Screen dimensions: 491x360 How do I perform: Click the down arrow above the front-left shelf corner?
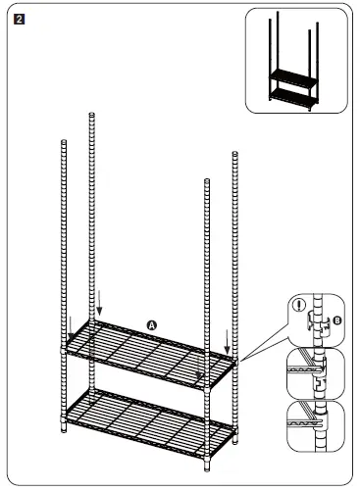tap(71, 325)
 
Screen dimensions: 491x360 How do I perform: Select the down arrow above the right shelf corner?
tap(228, 342)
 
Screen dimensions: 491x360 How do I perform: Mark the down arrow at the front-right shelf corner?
tap(200, 373)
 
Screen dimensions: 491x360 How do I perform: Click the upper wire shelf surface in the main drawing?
tap(147, 353)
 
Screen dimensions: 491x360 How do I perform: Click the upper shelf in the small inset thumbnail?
tap(292, 76)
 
